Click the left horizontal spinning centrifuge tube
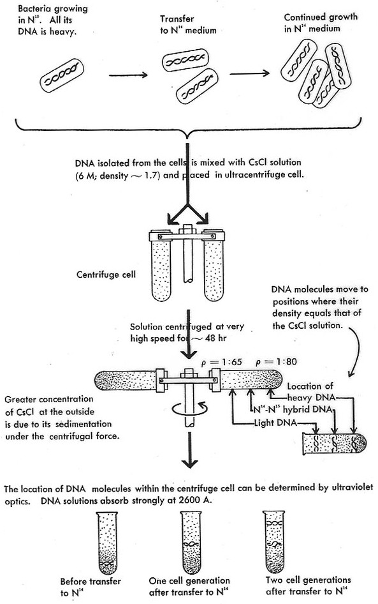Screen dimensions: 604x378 pos(125,381)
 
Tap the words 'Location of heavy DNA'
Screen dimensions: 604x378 pos(310,392)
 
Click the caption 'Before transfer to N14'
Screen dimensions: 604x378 pos(90,587)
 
